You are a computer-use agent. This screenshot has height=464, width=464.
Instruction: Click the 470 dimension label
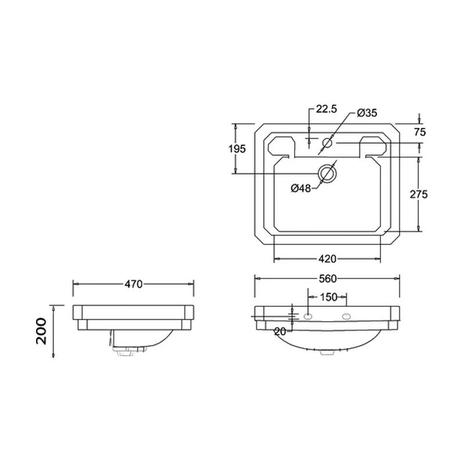(x=133, y=284)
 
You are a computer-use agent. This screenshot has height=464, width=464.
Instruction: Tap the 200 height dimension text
(x=41, y=331)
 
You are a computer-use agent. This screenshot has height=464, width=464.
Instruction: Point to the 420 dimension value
(x=328, y=258)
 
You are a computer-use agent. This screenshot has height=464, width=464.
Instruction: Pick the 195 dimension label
(x=237, y=149)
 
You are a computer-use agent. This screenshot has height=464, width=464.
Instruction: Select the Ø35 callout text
(x=367, y=113)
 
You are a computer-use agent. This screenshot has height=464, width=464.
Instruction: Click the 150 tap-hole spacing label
(x=328, y=297)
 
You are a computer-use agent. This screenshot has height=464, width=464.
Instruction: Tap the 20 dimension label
(x=281, y=331)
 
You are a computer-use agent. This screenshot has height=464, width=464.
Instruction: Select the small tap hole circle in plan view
(x=328, y=143)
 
